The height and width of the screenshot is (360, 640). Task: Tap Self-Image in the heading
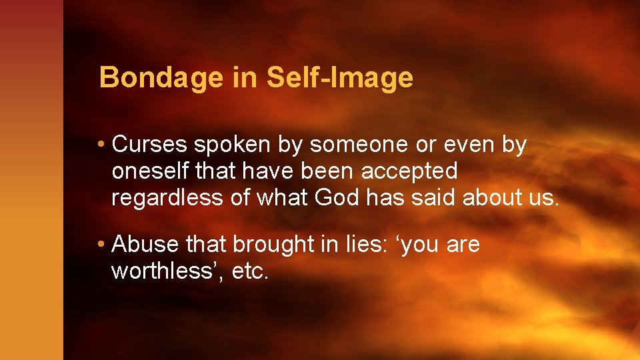tap(340, 78)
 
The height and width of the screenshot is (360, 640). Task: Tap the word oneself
tap(151, 171)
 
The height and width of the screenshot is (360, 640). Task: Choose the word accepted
tap(409, 172)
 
